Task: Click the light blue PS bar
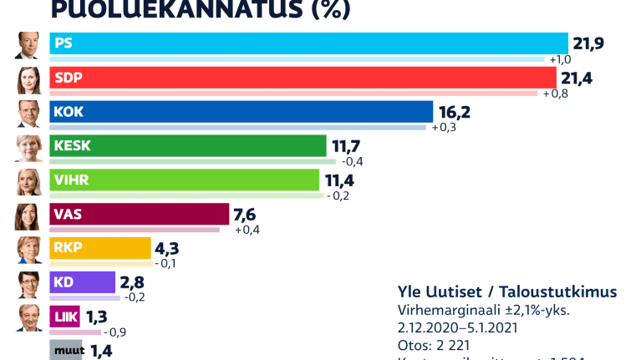309,43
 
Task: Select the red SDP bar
303,77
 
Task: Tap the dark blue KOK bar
242,111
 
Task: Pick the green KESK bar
188,145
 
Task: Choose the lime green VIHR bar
185,180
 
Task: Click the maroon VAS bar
140,214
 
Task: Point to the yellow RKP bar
100,248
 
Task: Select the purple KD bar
83,282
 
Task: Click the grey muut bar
66,350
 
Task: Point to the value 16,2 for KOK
453,112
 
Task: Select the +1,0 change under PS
559,59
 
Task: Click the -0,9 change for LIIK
115,332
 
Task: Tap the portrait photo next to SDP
28,80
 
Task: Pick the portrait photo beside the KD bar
28,285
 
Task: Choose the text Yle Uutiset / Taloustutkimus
507,292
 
